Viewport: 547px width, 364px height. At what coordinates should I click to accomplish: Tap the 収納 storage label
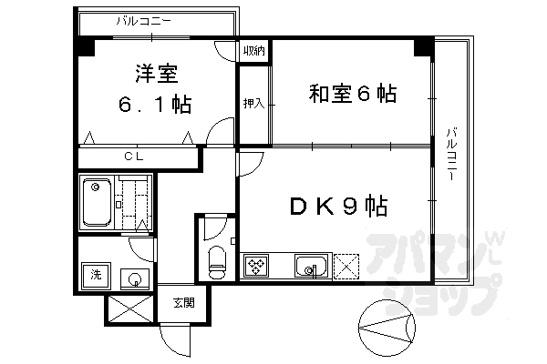click(253, 51)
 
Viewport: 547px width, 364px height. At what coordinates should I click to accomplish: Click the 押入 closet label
click(253, 103)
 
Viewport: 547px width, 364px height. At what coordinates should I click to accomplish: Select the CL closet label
click(133, 157)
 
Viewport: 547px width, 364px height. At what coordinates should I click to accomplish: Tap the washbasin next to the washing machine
click(133, 278)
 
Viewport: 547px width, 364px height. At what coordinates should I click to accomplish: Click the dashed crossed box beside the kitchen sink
click(346, 267)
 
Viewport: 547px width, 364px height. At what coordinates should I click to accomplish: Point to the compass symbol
click(383, 325)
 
